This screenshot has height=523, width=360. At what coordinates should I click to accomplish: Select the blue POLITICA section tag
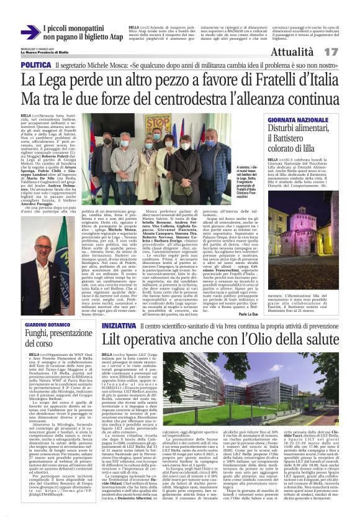point(35,65)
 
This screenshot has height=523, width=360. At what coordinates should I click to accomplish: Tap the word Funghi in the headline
point(38,335)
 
